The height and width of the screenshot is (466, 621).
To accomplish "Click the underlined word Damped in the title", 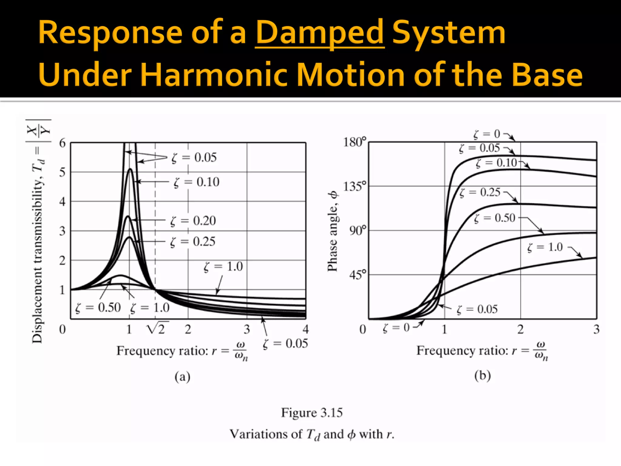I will (x=320, y=33).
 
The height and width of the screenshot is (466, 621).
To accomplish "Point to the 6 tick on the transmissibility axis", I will (x=62, y=143).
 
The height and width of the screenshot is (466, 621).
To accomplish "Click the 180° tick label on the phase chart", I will (x=354, y=142).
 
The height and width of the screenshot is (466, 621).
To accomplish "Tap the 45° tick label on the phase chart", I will (x=357, y=275).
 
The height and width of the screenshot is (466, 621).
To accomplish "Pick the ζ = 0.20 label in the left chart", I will (x=193, y=221).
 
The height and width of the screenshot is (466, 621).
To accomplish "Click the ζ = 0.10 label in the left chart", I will (x=196, y=182).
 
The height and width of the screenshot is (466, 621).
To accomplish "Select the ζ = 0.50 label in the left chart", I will (x=98, y=308).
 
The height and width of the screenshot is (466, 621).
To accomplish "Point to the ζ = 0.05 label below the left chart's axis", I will (x=285, y=343).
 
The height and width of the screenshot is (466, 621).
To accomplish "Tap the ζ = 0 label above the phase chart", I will (x=487, y=134).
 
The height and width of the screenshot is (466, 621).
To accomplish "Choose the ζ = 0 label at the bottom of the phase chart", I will (x=396, y=328).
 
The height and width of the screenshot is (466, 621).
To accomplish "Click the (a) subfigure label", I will (x=183, y=377).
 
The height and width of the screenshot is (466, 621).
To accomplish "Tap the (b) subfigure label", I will (x=482, y=376).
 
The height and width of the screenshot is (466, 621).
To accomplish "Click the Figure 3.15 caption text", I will (x=312, y=413).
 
